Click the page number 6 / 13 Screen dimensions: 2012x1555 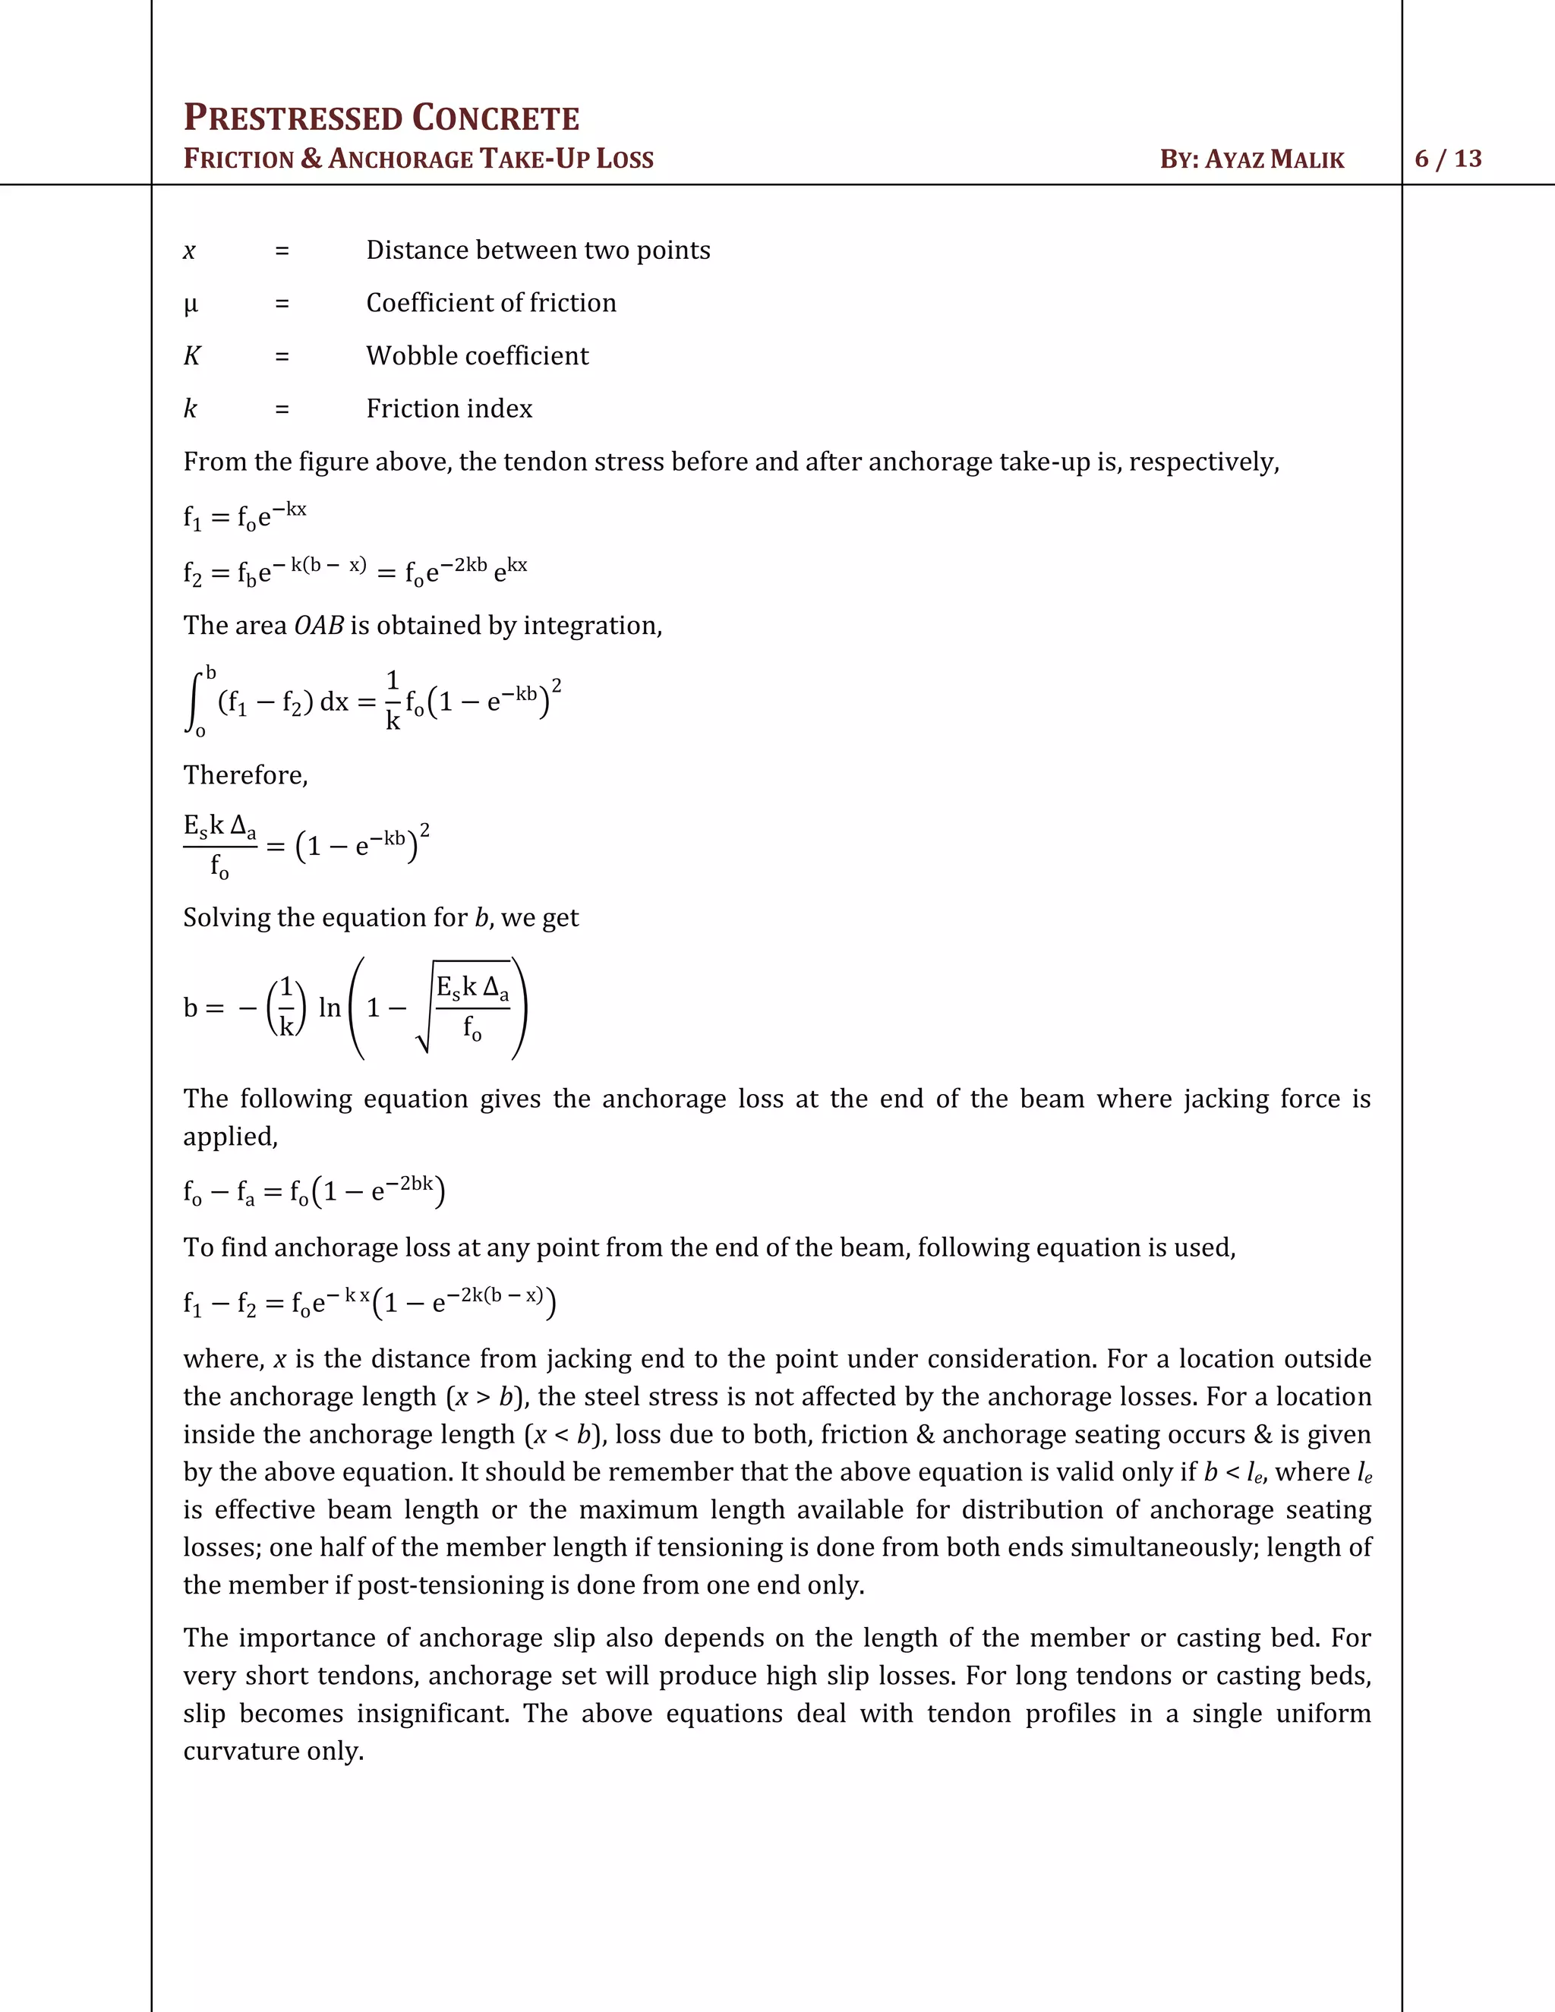point(1448,159)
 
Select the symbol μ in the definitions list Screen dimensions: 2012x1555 point(191,304)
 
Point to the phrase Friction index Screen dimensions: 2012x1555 point(449,408)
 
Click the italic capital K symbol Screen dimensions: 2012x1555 point(191,355)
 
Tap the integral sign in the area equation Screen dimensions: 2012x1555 point(194,703)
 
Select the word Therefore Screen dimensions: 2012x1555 point(244,774)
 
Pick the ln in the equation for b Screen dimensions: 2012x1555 point(329,1008)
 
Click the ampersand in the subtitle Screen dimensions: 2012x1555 point(311,159)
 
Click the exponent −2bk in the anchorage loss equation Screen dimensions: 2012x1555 point(409,1184)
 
